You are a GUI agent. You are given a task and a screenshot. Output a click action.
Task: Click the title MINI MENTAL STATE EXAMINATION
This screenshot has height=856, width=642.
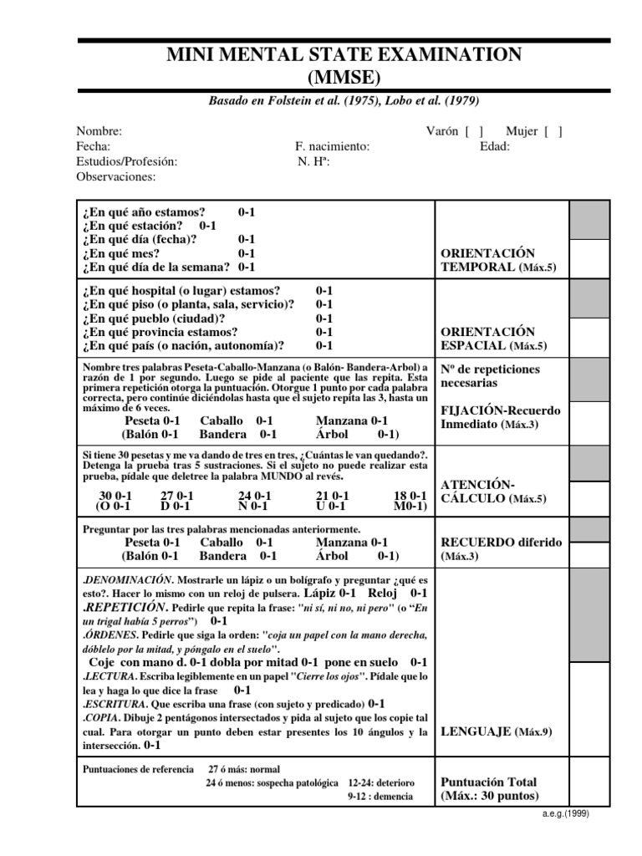pos(344,56)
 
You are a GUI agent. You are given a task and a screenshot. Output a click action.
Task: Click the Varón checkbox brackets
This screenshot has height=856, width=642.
pos(475,130)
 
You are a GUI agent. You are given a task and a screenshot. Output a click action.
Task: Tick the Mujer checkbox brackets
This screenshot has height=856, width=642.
pos(553,130)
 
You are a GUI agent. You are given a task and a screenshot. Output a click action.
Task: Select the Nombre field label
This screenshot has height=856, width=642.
pos(99,131)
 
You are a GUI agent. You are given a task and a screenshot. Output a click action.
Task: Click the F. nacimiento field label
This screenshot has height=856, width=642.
pos(326,146)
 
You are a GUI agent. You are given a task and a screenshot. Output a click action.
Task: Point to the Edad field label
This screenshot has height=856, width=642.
pos(494,146)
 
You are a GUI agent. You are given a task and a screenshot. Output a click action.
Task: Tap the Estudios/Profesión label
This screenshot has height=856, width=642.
pos(126,161)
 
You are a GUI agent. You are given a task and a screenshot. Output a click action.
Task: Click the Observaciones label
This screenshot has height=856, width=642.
pos(115,176)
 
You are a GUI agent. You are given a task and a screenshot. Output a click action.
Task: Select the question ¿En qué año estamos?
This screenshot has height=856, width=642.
pos(144,212)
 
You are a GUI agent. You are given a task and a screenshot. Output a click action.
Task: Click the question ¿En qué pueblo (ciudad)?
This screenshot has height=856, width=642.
pos(153,318)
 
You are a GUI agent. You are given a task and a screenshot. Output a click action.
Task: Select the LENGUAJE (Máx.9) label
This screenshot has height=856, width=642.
pos(495,731)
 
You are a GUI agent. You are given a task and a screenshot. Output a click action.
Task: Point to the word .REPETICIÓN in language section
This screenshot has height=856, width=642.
pos(125,607)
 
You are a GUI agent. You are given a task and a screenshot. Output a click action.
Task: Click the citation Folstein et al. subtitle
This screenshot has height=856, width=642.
pos(344,99)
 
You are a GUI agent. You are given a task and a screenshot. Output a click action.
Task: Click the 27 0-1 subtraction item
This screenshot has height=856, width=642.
pos(176,495)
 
